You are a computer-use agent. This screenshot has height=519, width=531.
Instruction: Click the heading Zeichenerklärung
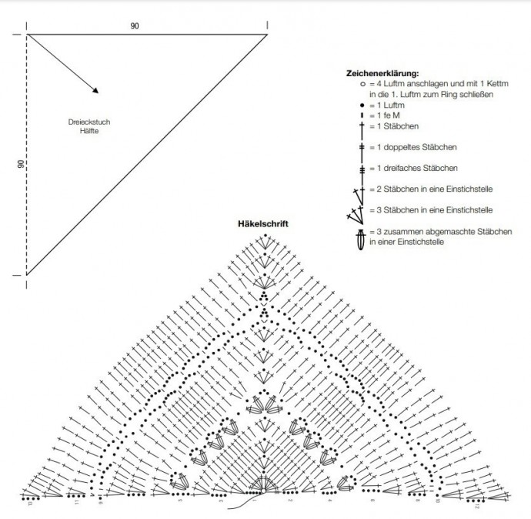(x=382, y=73)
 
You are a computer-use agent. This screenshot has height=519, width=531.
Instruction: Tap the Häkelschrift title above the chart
(x=264, y=224)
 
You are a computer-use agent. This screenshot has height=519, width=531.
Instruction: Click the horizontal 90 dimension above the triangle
(x=135, y=27)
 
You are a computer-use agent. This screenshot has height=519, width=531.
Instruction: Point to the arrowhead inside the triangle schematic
(x=95, y=90)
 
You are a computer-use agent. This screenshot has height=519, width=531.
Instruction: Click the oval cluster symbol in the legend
(x=359, y=237)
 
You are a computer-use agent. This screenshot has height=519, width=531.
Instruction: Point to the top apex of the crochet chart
(x=264, y=234)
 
